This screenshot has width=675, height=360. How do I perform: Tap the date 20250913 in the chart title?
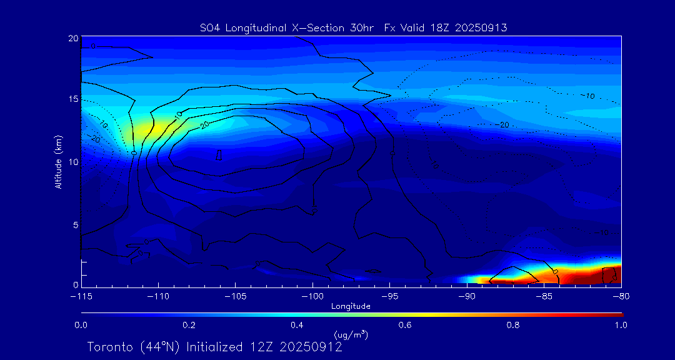(482, 27)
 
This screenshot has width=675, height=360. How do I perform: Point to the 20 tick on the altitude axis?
(72, 39)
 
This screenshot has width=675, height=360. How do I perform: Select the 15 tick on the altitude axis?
(72, 99)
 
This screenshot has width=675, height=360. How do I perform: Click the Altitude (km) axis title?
(59, 162)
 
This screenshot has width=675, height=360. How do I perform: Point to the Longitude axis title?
(351, 306)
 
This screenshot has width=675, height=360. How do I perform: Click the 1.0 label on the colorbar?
(621, 325)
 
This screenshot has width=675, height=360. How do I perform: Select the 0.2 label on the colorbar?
(189, 325)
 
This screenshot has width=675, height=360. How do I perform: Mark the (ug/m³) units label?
(351, 335)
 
